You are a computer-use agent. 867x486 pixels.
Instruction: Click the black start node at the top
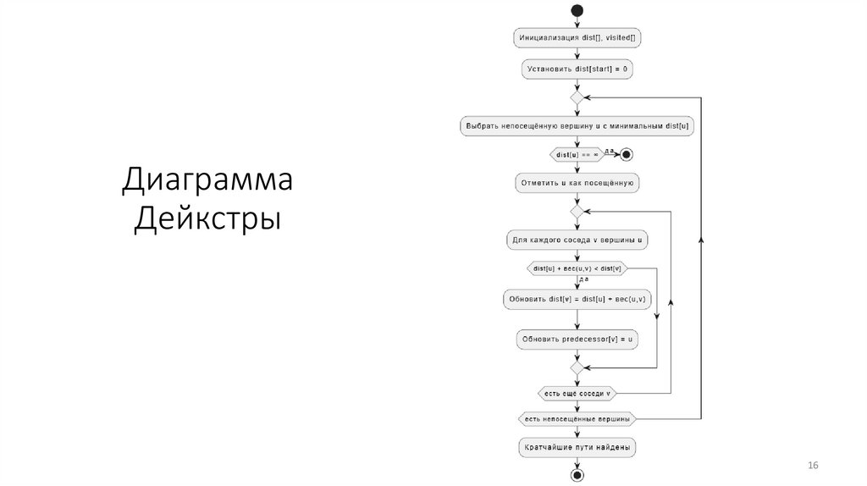click(577, 10)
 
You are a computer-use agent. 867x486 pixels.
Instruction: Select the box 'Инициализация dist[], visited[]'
click(577, 38)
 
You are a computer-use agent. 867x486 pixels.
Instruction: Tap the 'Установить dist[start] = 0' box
click(577, 68)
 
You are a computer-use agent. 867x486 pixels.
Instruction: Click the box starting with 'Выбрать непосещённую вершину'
click(577, 126)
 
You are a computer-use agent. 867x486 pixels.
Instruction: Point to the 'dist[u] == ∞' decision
click(577, 154)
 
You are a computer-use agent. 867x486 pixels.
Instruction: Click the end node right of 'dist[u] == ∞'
click(627, 154)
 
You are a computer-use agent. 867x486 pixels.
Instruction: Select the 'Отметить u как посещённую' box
click(577, 182)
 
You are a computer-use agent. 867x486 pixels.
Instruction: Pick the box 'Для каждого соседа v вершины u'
click(577, 240)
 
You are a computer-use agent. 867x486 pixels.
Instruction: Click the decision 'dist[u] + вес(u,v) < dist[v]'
click(577, 268)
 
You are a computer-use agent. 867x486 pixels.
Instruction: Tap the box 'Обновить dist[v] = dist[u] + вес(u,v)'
click(577, 298)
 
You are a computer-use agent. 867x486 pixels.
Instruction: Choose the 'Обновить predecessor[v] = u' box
click(577, 340)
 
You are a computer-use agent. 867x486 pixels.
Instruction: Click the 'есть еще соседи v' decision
click(577, 393)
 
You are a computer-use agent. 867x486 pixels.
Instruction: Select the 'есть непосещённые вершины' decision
click(577, 419)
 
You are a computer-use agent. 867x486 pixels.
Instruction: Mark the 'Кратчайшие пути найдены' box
click(577, 446)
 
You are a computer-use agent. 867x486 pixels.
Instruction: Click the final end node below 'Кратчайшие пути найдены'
click(577, 475)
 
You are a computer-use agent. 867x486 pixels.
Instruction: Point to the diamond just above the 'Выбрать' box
click(577, 98)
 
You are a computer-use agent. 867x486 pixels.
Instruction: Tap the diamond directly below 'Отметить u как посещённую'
click(577, 212)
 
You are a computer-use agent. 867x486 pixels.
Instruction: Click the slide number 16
click(814, 467)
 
